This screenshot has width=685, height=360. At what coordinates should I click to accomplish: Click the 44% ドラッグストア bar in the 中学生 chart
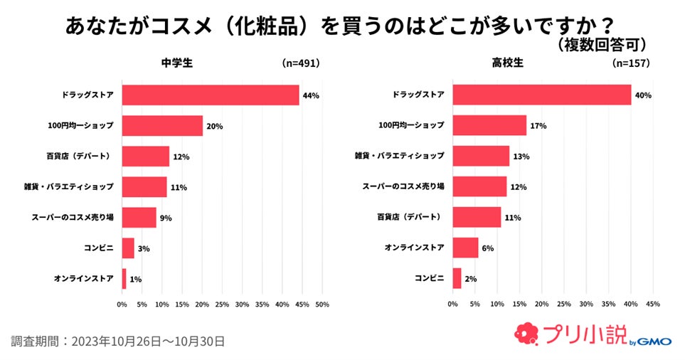(x=211, y=95)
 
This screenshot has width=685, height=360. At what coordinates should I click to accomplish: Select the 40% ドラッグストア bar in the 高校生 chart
(x=542, y=95)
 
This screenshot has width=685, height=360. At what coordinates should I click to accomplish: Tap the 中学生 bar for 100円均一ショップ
(x=162, y=126)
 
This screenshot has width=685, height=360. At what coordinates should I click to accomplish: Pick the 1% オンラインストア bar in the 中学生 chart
(x=124, y=279)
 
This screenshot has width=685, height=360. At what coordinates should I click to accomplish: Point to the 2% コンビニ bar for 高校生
(x=457, y=279)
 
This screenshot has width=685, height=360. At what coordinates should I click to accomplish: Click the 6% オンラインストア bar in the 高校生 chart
(x=466, y=248)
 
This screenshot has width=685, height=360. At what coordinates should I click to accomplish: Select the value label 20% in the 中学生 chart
(x=215, y=127)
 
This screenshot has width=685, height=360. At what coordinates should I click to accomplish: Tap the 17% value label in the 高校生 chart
(x=538, y=126)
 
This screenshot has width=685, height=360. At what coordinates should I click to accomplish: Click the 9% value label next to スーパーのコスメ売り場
(x=166, y=218)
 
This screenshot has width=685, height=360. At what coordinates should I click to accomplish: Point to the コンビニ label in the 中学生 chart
(x=98, y=248)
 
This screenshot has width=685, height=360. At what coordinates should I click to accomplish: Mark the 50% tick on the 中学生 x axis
(x=322, y=305)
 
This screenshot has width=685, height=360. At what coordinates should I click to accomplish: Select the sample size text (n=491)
(x=301, y=63)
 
